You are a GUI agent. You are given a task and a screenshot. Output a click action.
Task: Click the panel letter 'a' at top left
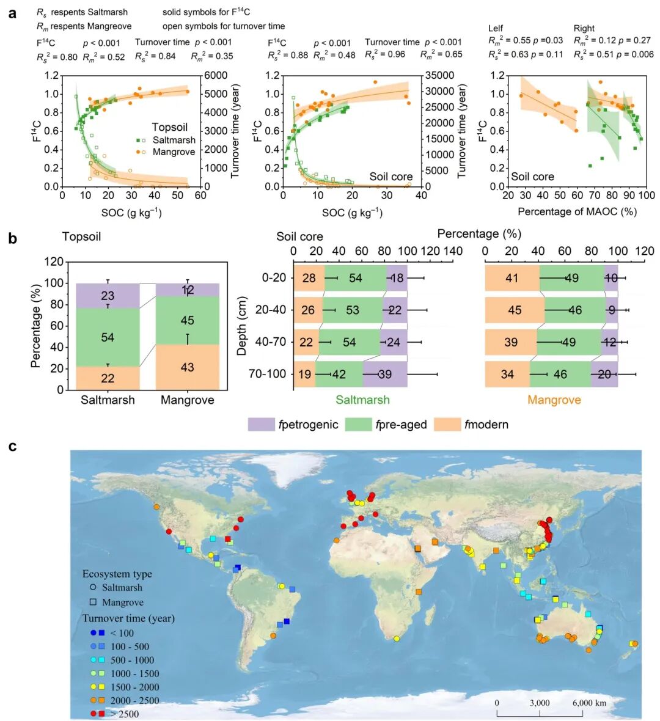pyautogui.click(x=12, y=12)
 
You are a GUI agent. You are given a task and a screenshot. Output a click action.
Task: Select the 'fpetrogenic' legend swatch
pyautogui.click(x=261, y=425)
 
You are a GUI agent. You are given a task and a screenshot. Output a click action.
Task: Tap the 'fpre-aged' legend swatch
pyautogui.click(x=358, y=425)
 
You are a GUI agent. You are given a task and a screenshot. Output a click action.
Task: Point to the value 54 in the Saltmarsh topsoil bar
pyautogui.click(x=108, y=337)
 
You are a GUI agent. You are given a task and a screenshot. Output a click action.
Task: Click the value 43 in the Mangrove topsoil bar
pyautogui.click(x=187, y=367)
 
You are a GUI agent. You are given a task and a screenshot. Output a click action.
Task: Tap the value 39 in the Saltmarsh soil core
pyautogui.click(x=385, y=374)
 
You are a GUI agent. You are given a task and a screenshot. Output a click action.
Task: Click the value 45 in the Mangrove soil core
pyautogui.click(x=515, y=310)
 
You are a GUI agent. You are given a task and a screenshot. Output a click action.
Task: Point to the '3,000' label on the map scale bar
pyautogui.click(x=540, y=703)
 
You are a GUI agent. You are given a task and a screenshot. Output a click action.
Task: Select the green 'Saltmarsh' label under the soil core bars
pyautogui.click(x=362, y=400)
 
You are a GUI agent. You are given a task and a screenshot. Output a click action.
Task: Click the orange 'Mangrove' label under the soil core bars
pyautogui.click(x=554, y=400)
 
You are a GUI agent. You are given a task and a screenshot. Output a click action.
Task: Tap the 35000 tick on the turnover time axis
pyautogui.click(x=439, y=76)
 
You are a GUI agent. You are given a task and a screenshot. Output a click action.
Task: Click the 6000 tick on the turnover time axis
pyautogui.click(x=215, y=76)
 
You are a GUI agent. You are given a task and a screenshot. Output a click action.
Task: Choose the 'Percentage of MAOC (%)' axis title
pyautogui.click(x=577, y=211)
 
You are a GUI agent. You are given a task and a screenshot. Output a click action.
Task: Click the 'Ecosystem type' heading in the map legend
pyautogui.click(x=117, y=574)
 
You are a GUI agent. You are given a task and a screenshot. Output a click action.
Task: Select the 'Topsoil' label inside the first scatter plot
pyautogui.click(x=170, y=127)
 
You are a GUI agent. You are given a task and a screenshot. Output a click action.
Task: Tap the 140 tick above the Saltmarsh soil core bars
pyautogui.click(x=453, y=251)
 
